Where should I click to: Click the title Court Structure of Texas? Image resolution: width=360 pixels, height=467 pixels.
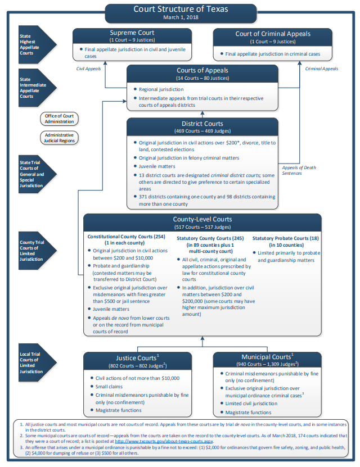[181, 9]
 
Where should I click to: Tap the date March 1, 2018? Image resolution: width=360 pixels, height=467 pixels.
[181, 17]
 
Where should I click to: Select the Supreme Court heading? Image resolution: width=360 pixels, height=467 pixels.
[132, 33]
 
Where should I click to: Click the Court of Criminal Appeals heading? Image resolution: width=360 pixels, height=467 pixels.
[273, 34]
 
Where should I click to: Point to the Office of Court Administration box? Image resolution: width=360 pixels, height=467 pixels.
[59, 119]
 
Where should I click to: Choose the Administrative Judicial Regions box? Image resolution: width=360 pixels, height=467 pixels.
[59, 138]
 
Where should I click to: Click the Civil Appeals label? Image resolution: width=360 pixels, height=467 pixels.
[88, 69]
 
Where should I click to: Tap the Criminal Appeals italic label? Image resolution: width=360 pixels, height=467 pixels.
[322, 69]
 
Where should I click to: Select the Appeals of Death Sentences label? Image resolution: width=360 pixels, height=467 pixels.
[299, 170]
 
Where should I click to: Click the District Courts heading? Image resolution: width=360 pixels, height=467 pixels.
[202, 124]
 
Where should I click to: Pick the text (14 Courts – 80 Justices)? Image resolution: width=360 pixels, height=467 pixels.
[202, 78]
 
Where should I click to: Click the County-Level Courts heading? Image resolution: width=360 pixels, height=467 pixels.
[202, 219]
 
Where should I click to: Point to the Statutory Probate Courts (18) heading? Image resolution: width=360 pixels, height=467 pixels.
[286, 238]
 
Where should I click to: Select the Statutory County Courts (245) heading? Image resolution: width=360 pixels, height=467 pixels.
[210, 238]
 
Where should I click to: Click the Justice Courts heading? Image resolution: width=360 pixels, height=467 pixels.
[137, 357]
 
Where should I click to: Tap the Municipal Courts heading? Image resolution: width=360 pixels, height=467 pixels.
[267, 356]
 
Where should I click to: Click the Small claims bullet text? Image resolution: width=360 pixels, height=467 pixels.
[109, 387]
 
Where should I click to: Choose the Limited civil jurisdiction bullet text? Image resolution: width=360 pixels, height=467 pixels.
[251, 403]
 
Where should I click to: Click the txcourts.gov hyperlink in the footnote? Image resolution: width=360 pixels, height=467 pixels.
[164, 441]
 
